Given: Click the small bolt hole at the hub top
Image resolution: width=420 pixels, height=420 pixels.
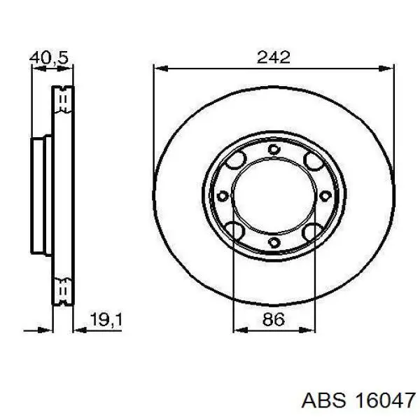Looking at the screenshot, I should [x=274, y=149].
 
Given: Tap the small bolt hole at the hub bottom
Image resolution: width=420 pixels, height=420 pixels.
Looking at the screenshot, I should [x=274, y=243].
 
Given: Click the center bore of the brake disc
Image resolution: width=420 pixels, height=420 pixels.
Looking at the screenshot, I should [x=274, y=196].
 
